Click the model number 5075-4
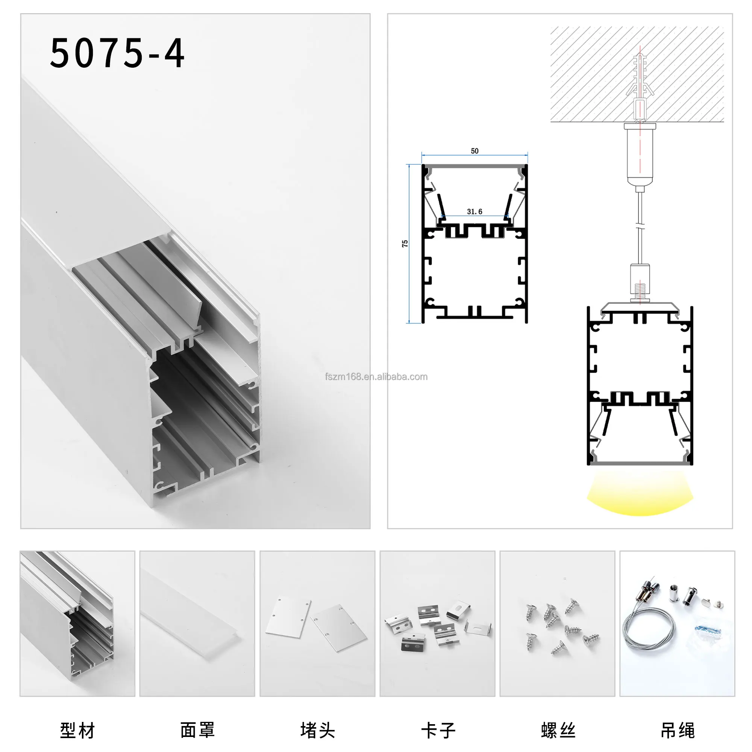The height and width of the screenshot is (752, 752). [x=117, y=53]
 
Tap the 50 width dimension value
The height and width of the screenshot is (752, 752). [x=475, y=151]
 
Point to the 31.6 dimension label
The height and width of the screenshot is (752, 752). [x=475, y=212]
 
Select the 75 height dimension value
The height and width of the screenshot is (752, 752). [x=405, y=243]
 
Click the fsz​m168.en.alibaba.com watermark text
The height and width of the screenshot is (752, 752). [x=376, y=377]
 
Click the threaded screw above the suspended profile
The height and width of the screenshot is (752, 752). [x=640, y=292]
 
